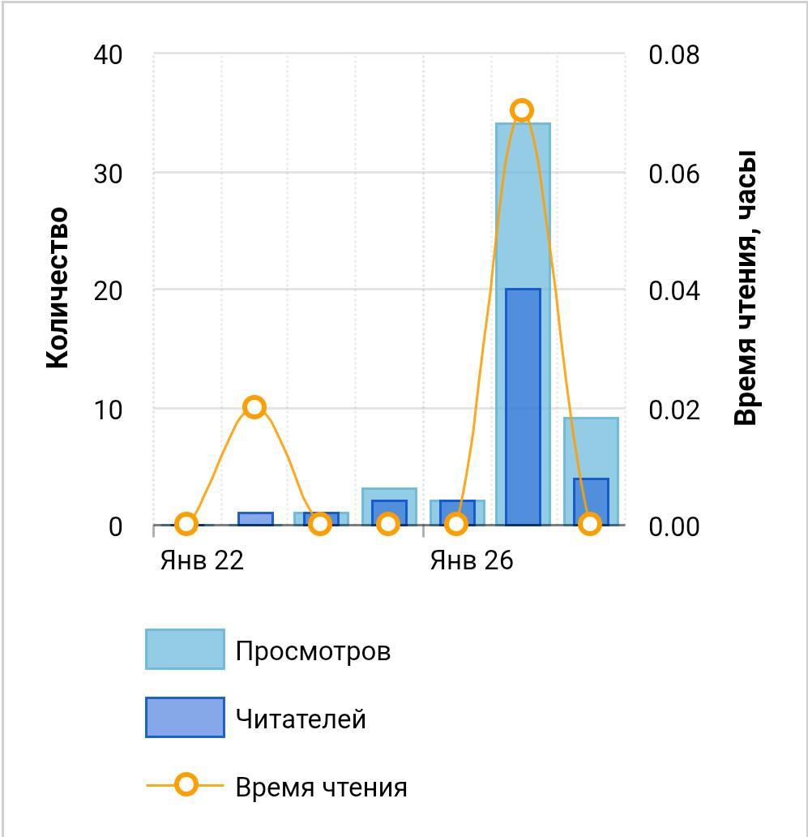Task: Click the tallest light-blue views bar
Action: click(523, 324)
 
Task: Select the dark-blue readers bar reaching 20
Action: click(523, 407)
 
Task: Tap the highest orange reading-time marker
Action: click(522, 110)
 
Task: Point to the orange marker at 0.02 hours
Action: click(254, 407)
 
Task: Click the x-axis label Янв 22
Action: click(202, 560)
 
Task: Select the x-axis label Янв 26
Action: click(472, 560)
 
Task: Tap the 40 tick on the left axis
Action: click(108, 54)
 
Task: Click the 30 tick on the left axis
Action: click(108, 174)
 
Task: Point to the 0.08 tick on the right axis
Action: click(673, 54)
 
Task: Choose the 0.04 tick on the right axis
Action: click(673, 291)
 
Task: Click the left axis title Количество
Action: click(57, 288)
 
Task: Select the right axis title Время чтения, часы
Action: click(746, 288)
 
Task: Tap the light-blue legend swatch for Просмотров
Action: click(185, 649)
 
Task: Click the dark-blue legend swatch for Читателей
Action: click(185, 718)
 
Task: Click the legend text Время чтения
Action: click(321, 788)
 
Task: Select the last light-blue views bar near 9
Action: click(591, 471)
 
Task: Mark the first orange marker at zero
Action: click(186, 524)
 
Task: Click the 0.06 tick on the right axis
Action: click(673, 174)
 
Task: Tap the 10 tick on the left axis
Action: click(108, 410)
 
